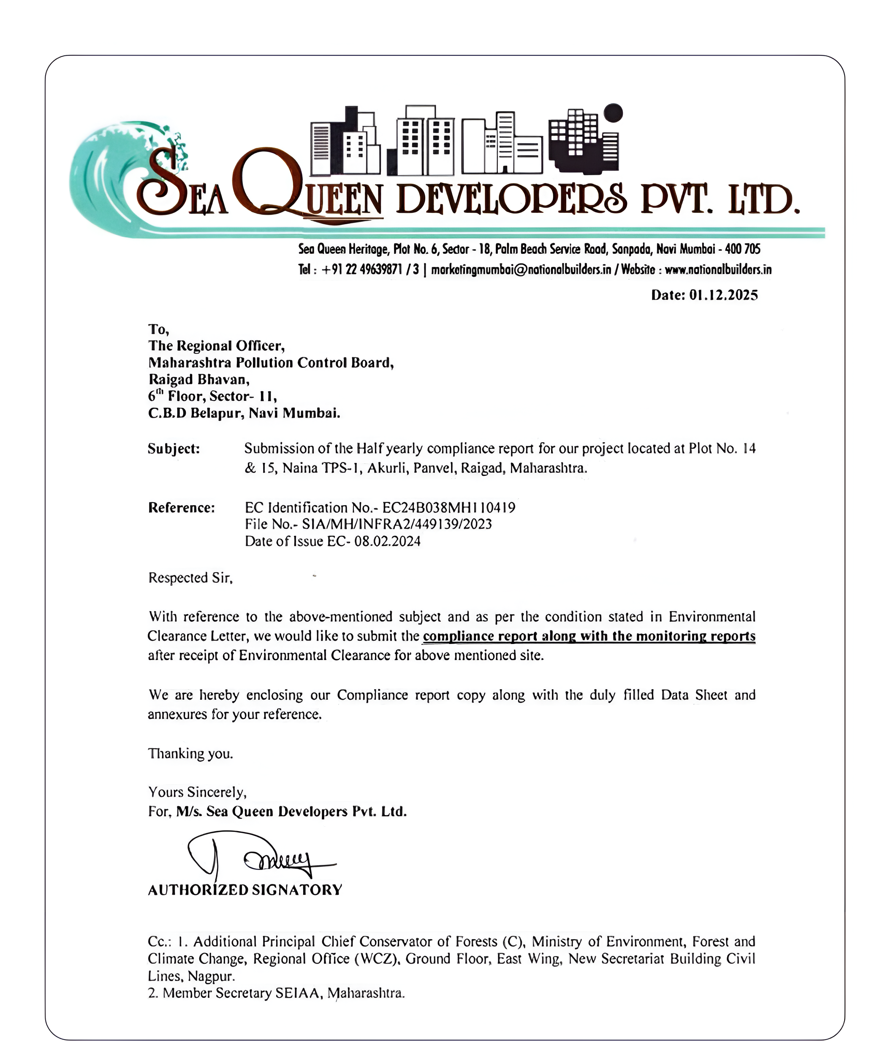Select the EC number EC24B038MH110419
tap(448, 508)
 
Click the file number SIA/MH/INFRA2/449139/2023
tap(397, 524)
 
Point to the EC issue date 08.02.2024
tap(387, 541)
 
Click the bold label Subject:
tap(174, 448)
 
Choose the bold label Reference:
tap(181, 508)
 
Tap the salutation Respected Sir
tap(190, 578)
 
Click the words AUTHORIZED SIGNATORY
tap(245, 890)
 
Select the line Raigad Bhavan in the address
tap(198, 379)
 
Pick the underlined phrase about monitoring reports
tap(589, 636)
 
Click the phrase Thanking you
tap(190, 753)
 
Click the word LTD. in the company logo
tap(763, 199)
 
